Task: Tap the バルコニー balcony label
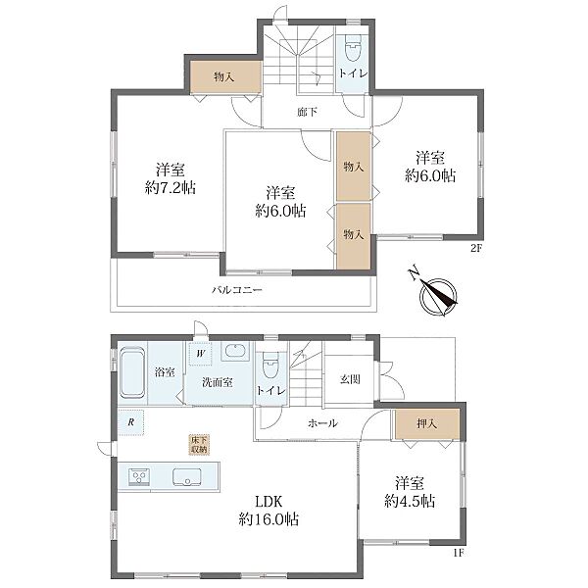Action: [x=236, y=290]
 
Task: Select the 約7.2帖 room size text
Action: [x=171, y=187]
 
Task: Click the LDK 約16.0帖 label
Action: [x=269, y=511]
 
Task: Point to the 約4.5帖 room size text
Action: [x=410, y=501]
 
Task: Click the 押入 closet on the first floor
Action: [x=426, y=423]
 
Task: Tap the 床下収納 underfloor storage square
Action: [x=200, y=445]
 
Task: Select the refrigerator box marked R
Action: [x=131, y=422]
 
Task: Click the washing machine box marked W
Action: [x=201, y=353]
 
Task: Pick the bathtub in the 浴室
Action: [x=132, y=372]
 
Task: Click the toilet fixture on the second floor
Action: [x=352, y=48]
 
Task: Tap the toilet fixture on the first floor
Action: [x=269, y=365]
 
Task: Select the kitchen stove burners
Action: [x=139, y=477]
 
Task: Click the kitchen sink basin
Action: [x=186, y=477]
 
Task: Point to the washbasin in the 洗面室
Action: [x=235, y=352]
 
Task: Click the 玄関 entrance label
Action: [x=350, y=379]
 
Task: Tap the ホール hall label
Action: [x=322, y=423]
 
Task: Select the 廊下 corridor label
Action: [x=307, y=112]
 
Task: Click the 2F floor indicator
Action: [x=475, y=249]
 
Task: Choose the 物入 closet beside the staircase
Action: [x=225, y=76]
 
